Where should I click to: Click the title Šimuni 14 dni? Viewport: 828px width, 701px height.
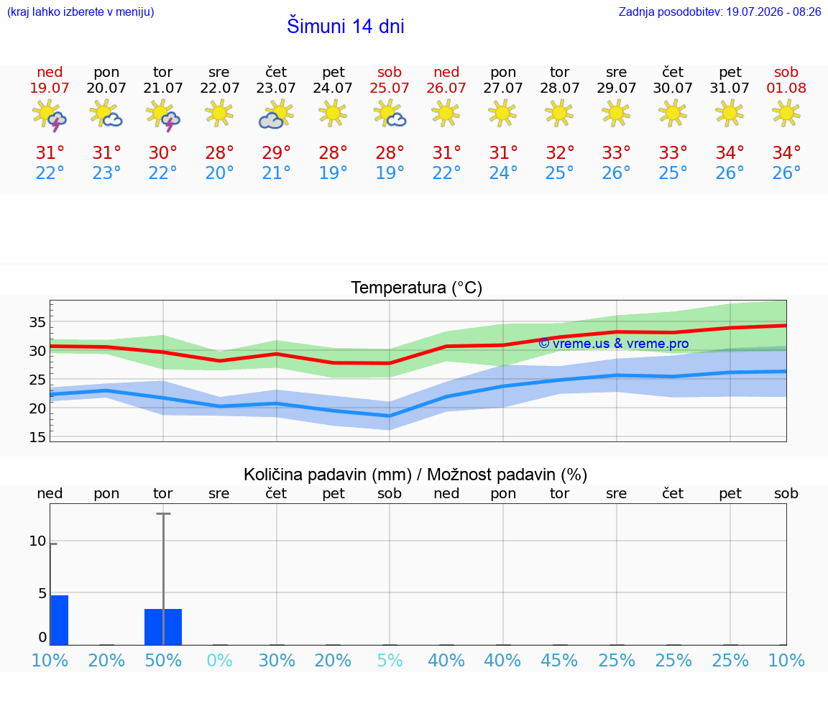pos(345,26)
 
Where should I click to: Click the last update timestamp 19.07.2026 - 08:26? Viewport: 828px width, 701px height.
pos(773,12)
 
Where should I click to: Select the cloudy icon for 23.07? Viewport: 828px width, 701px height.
pos(276,115)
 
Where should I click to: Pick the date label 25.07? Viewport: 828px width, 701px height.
pos(389,88)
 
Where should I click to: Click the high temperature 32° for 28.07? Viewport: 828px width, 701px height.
pos(560,152)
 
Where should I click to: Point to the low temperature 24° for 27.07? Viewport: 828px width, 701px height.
pos(502,173)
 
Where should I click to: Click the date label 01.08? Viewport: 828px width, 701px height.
pos(786,88)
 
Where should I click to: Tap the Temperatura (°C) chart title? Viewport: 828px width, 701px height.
pos(417,288)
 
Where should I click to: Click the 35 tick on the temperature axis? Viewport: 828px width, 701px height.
pos(37,322)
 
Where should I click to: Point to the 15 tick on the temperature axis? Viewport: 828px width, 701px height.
pos(37,437)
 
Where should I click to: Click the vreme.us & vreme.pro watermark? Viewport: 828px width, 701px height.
pos(613,344)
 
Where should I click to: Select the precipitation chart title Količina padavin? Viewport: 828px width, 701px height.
pos(328,475)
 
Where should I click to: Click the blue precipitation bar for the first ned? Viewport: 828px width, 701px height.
pos(59,620)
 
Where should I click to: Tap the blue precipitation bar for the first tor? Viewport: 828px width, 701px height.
pos(163,627)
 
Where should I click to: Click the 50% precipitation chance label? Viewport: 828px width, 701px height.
pos(163,660)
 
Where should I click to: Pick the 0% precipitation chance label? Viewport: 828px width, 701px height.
pos(220,660)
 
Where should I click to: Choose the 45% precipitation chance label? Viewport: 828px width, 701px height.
pos(559,660)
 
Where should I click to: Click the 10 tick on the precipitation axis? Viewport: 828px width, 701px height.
pos(37,541)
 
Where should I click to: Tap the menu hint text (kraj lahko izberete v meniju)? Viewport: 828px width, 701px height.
pos(80,12)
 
